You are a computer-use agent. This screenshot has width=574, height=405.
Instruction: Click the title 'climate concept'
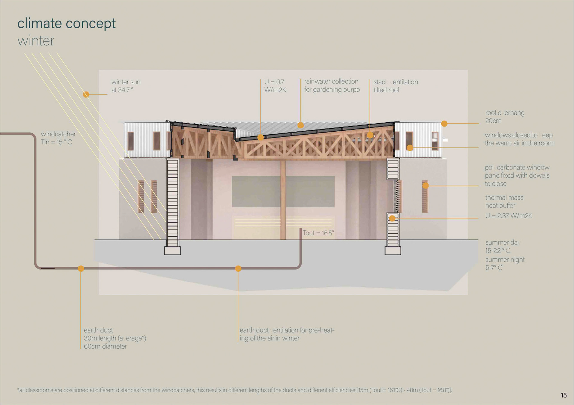click(x=66, y=23)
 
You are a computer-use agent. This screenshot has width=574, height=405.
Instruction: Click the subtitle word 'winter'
click(x=36, y=41)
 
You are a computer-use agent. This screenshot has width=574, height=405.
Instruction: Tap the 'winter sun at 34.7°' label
click(x=126, y=86)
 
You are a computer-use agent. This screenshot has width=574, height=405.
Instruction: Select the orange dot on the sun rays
click(x=86, y=95)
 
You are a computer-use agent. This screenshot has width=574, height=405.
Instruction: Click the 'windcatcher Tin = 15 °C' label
click(x=58, y=138)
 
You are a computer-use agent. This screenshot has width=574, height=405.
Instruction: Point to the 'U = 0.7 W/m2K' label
click(x=275, y=86)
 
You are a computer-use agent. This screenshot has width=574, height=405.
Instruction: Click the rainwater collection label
click(x=332, y=86)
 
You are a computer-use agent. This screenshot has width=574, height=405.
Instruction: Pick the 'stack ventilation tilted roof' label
click(x=395, y=86)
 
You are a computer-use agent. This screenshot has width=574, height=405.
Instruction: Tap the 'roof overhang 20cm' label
click(x=505, y=117)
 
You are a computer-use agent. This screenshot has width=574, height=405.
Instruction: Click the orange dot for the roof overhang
click(x=444, y=124)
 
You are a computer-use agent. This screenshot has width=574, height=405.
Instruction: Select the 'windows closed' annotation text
click(x=519, y=139)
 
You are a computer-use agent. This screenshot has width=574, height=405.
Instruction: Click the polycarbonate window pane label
click(x=517, y=175)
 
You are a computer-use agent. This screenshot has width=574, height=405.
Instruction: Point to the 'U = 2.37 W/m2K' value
click(x=509, y=216)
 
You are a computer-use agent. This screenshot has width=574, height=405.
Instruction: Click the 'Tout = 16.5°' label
click(x=318, y=233)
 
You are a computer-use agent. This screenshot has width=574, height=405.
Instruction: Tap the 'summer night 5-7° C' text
click(x=505, y=264)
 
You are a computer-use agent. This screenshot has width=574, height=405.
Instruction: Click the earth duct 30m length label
click(x=115, y=338)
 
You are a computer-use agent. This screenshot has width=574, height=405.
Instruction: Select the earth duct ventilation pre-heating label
click(x=287, y=334)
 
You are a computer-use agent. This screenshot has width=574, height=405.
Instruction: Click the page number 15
click(x=564, y=395)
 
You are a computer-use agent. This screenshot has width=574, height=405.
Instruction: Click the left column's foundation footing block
click(x=172, y=250)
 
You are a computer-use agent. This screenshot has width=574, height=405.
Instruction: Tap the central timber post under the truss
click(x=283, y=200)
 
